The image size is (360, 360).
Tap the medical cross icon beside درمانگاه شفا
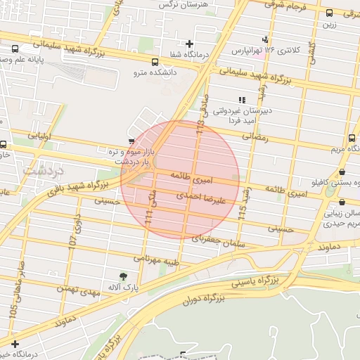click(x=189, y=44)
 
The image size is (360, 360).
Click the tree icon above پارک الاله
click(x=124, y=276)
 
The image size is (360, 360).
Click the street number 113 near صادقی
click(x=200, y=127)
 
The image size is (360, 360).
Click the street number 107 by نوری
click(x=72, y=240)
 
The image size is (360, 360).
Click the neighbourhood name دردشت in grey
click(x=43, y=170)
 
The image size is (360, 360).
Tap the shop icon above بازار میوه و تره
click(x=132, y=141)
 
